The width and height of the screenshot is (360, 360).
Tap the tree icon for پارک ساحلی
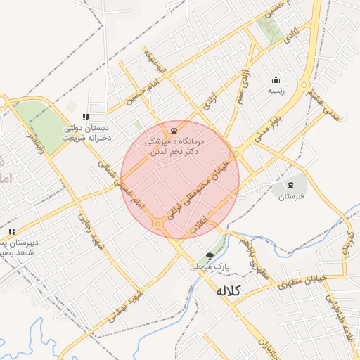pos(209,255)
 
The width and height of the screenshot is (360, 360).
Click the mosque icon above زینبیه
pos(276,79)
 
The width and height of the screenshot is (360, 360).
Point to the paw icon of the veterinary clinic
pos(174,131)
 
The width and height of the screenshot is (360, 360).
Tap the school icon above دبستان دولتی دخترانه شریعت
pos(86,117)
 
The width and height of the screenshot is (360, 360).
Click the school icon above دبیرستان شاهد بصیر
pos(11,231)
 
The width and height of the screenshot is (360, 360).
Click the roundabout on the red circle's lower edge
pos(159,224)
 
